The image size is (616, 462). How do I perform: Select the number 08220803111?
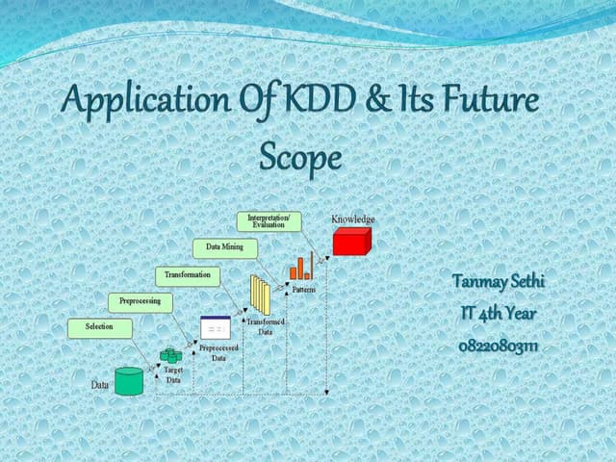coord(498,345)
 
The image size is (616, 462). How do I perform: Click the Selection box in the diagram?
coord(99,327)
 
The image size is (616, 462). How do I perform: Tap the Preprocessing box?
coord(140,302)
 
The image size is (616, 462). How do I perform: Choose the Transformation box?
coord(187,275)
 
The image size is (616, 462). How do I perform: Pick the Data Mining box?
coord(225,248)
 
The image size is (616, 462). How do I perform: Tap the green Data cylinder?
coord(128,381)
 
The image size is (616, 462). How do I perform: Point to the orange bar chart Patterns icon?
coord(301,267)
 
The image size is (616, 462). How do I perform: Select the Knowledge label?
coord(353,220)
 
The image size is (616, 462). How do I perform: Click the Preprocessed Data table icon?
coord(215,328)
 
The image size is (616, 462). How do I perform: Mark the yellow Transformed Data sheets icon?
coord(260,294)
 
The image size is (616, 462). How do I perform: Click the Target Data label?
coord(173,375)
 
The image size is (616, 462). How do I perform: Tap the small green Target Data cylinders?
coord(170,357)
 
